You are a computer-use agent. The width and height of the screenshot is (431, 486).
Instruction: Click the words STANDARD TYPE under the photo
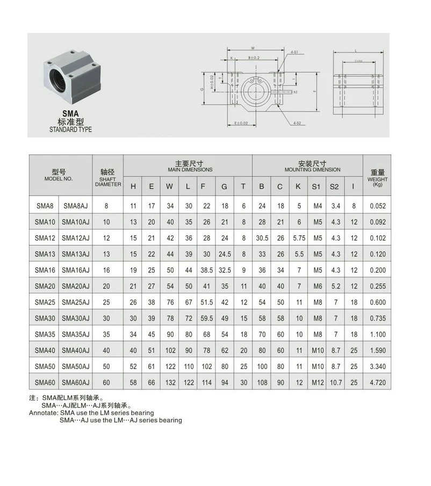(x=70, y=129)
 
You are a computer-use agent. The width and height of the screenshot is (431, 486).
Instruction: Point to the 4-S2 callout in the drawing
(x=297, y=124)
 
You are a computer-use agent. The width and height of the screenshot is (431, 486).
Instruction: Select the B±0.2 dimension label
(x=254, y=57)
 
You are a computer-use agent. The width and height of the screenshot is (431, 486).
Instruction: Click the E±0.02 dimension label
(x=242, y=124)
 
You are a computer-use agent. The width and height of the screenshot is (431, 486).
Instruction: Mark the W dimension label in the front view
(x=253, y=47)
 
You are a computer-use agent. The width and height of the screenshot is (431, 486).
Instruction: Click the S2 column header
(x=334, y=186)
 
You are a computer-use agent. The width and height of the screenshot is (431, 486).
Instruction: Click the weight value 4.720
(x=377, y=382)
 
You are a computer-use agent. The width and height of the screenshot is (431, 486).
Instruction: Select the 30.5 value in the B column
(x=262, y=237)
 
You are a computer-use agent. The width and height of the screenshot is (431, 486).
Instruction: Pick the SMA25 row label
(x=45, y=302)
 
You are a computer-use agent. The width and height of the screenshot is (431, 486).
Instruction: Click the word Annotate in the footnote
(x=44, y=413)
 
